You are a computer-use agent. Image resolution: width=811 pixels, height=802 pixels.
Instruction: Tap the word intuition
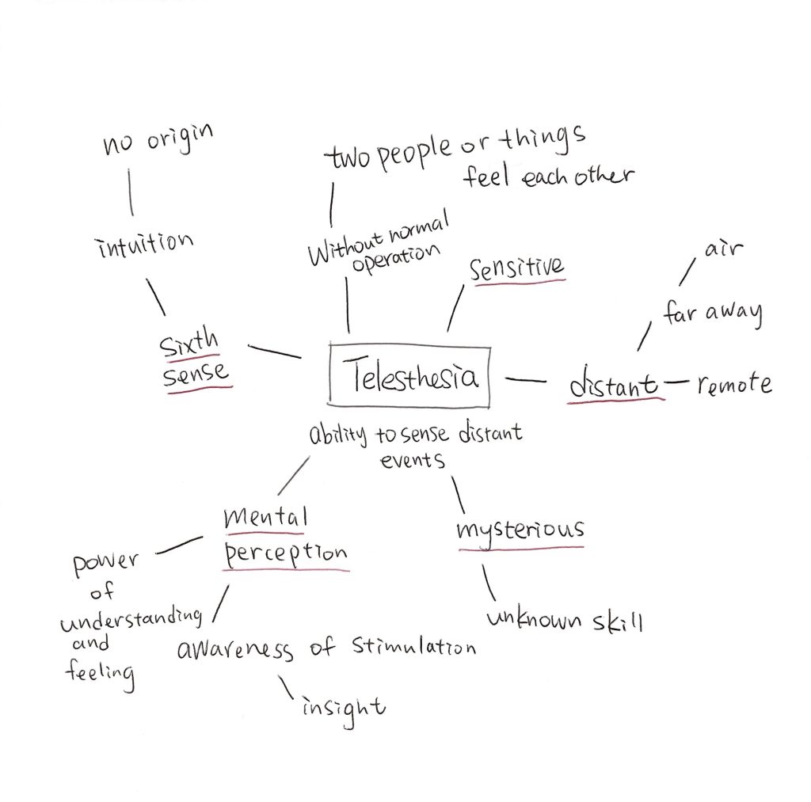[144, 245]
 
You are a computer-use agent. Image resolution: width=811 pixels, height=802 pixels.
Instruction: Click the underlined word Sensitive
[516, 269]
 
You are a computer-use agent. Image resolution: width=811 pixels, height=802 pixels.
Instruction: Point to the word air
[723, 250]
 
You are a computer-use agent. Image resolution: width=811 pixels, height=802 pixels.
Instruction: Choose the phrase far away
[713, 314]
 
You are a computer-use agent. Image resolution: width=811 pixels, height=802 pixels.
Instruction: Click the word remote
[734, 385]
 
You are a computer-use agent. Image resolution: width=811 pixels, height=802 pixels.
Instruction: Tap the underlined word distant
[615, 386]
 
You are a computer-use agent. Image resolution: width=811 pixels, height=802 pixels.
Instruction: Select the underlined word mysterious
[520, 529]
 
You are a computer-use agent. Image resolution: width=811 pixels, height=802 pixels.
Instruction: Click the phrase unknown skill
[565, 620]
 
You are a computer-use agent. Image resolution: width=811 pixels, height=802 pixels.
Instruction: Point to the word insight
[343, 705]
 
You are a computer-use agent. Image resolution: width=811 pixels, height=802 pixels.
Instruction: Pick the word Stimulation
[403, 647]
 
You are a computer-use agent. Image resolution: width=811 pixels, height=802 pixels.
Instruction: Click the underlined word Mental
[265, 519]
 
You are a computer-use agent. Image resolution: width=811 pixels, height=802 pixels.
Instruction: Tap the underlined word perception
[286, 553]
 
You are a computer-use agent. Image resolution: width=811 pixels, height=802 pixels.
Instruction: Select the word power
[105, 564]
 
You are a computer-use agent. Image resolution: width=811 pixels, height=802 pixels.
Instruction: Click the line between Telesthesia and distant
[525, 381]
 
